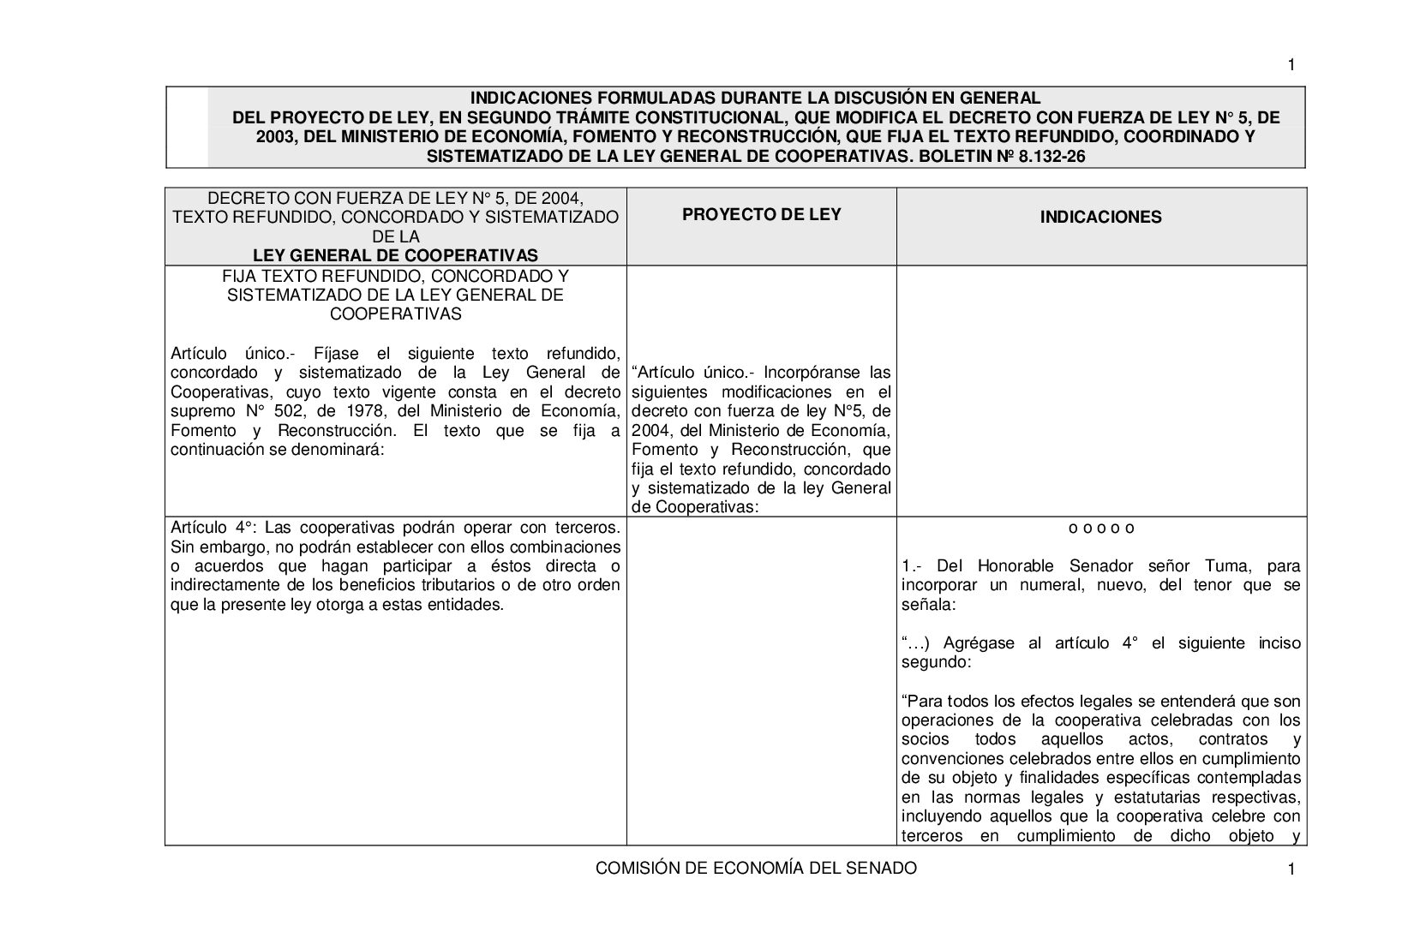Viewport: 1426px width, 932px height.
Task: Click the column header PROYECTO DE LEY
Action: point(761,214)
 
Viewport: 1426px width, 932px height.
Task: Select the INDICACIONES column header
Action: point(1100,217)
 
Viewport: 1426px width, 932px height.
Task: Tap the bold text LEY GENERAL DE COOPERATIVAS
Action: point(395,255)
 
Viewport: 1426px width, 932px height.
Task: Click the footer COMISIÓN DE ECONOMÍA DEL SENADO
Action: point(756,868)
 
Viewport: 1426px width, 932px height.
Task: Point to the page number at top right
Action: point(1291,65)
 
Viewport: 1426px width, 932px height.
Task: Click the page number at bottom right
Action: point(1291,870)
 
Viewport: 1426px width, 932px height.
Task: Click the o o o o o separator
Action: point(1101,528)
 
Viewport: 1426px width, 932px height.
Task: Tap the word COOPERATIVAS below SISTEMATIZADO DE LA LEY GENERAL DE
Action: point(395,314)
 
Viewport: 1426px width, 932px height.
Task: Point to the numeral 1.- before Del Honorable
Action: point(912,565)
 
